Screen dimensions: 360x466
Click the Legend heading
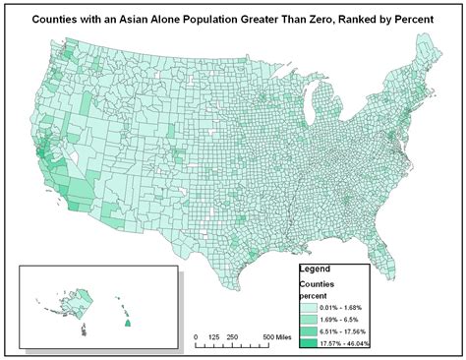[317, 269]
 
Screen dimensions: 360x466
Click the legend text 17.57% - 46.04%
[359, 343]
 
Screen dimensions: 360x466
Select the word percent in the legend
[315, 293]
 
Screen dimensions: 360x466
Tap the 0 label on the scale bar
[196, 338]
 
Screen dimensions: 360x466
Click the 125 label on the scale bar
[214, 338]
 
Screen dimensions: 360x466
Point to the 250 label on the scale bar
[234, 338]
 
